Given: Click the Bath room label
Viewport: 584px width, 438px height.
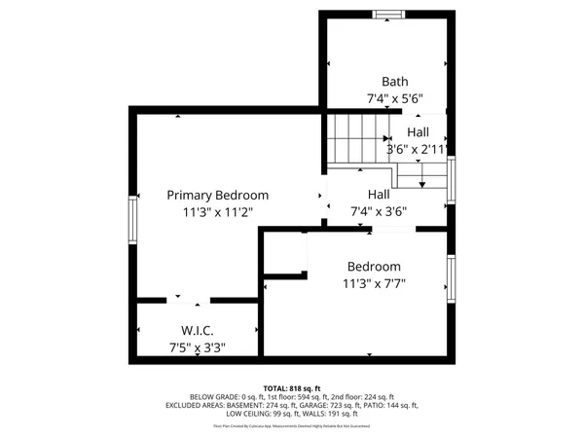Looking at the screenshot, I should pos(395,82).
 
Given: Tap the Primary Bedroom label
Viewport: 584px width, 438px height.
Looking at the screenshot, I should pos(217,195).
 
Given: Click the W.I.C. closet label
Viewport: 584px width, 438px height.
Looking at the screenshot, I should pos(197,330).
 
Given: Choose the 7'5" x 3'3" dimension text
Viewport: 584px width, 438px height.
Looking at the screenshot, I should pos(197,347).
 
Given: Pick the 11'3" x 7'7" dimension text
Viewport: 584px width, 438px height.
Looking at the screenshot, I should pos(374,284).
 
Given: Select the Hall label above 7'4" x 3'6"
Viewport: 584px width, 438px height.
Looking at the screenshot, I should pos(379,194).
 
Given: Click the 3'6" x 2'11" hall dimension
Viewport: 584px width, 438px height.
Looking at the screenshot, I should pos(417,150).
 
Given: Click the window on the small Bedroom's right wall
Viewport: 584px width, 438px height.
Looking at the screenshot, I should pos(451,278).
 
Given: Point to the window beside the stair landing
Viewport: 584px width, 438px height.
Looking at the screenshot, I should pos(451,180).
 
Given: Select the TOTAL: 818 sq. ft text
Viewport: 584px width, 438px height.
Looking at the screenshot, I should pos(292,387).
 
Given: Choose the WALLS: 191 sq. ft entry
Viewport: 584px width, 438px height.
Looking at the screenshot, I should pos(331,414).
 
